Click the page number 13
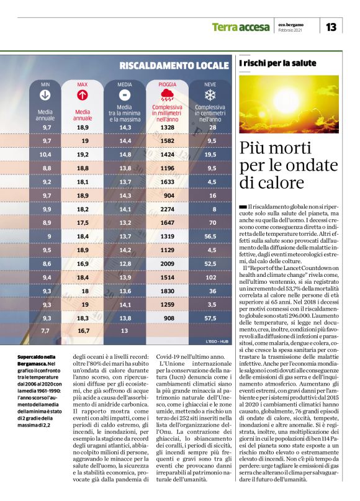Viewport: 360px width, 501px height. tap(331, 27)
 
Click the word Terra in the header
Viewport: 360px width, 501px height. tap(225, 27)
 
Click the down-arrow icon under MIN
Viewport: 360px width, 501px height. tap(45, 95)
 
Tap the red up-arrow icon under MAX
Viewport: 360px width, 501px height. tap(82, 95)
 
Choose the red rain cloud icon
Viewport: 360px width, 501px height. tap(167, 95)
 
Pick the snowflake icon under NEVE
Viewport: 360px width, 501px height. tap(210, 95)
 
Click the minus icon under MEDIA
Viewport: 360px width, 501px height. tap(125, 95)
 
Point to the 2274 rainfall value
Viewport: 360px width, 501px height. tap(167, 209)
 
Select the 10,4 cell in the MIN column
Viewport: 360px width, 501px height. tap(45, 154)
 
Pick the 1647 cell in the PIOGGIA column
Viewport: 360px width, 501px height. tap(167, 222)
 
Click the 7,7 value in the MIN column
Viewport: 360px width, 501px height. tap(46, 332)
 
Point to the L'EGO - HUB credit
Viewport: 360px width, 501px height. tap(214, 342)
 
